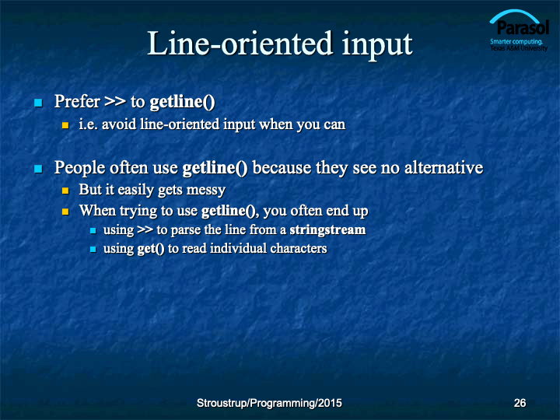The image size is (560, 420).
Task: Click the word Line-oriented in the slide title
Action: pyautogui.click(x=240, y=44)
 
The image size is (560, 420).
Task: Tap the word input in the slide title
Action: pyautogui.click(x=376, y=46)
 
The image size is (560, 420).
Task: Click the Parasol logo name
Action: pyautogui.click(x=523, y=28)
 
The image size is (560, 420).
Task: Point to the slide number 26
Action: pyautogui.click(x=520, y=403)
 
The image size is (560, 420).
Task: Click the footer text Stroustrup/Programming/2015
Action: pyautogui.click(x=269, y=403)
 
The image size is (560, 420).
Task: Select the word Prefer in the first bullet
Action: pyautogui.click(x=77, y=101)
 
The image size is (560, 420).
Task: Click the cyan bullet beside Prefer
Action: pyautogui.click(x=38, y=103)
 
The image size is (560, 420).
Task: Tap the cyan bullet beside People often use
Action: pyautogui.click(x=38, y=169)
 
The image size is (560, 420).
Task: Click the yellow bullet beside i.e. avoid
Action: pyautogui.click(x=65, y=125)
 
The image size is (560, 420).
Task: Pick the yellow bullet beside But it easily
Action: pyautogui.click(x=65, y=191)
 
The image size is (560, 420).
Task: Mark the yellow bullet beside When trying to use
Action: pyautogui.click(x=65, y=212)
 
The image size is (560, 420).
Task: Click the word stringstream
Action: pyautogui.click(x=327, y=229)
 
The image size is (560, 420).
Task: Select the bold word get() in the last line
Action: pyautogui.click(x=151, y=249)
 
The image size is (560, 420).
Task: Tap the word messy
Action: pyautogui.click(x=205, y=190)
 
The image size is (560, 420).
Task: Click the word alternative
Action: pyautogui.click(x=443, y=167)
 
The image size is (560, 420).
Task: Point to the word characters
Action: pyautogui.click(x=298, y=248)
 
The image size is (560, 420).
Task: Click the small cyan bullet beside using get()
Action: pyautogui.click(x=93, y=250)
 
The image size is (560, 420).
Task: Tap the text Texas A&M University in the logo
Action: pyautogui.click(x=519, y=48)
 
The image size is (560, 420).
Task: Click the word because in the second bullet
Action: pyautogui.click(x=282, y=167)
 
